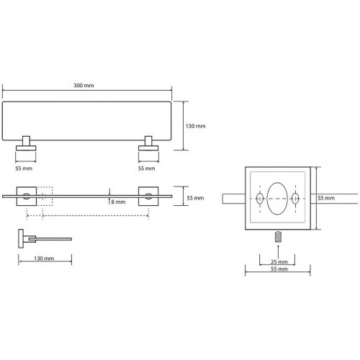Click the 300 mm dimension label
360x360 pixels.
click(x=84, y=86)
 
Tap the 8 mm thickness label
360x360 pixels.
click(x=118, y=202)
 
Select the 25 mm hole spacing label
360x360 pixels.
click(x=279, y=262)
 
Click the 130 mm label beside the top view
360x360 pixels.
click(x=196, y=126)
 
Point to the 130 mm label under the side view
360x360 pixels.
click(x=44, y=258)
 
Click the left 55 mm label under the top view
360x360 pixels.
click(x=24, y=168)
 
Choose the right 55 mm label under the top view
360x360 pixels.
click(x=146, y=168)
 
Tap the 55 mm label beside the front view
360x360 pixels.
click(x=195, y=198)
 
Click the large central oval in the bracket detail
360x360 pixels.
click(x=277, y=199)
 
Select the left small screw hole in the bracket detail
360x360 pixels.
click(x=260, y=199)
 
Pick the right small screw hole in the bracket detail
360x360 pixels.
click(x=295, y=199)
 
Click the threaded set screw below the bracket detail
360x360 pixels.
click(x=278, y=237)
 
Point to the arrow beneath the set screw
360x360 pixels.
click(x=278, y=251)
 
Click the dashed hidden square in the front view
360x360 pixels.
click(x=45, y=197)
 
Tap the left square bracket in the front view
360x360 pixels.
click(x=27, y=197)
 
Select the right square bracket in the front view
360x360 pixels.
click(x=148, y=197)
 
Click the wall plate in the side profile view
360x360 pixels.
click(x=21, y=238)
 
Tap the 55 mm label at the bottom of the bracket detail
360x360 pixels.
click(x=279, y=269)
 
